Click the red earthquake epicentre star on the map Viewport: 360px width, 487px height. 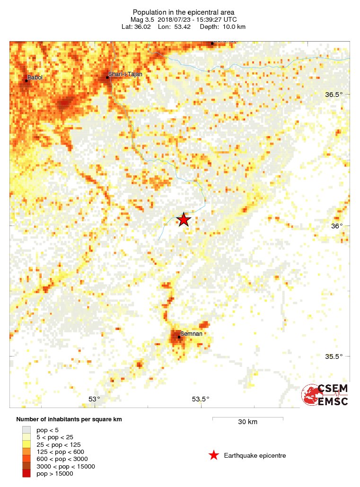click(x=184, y=219)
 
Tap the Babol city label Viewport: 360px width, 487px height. click(x=35, y=77)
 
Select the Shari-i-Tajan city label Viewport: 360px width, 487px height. click(x=125, y=74)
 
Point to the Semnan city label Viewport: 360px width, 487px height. click(x=192, y=333)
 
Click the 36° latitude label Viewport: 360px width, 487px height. click(x=336, y=226)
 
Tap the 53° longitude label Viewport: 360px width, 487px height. click(x=95, y=399)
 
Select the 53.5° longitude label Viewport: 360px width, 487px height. click(x=200, y=399)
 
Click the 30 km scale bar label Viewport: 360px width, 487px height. click(x=247, y=422)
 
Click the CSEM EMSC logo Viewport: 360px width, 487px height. click(x=325, y=395)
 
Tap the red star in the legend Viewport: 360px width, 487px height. click(x=214, y=455)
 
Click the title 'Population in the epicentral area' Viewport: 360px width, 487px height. click(x=183, y=12)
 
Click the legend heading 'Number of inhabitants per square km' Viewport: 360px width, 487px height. click(x=72, y=419)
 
